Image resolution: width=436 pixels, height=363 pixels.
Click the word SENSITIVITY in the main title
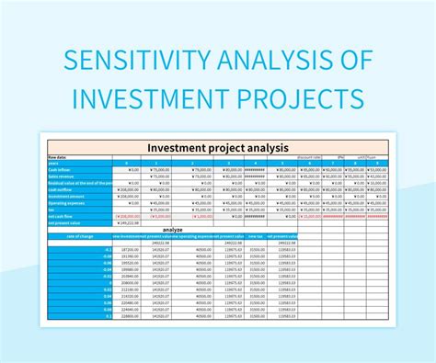coord(125,59)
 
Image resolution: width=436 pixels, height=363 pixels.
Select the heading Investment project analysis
coord(218,147)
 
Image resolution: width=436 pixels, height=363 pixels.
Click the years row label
coord(55,163)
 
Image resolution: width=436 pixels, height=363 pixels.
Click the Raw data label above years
coord(57,156)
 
